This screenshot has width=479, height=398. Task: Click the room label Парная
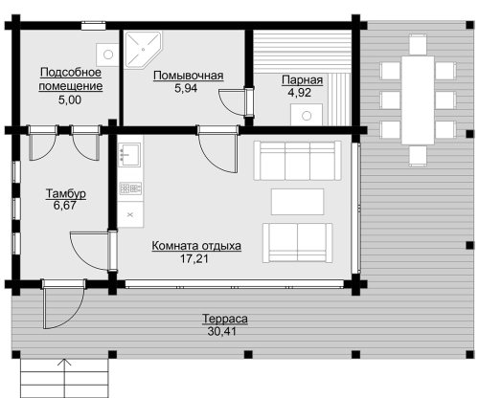302,80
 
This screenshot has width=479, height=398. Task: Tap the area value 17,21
194,258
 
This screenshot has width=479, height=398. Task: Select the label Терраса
225,319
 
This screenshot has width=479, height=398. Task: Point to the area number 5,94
186,88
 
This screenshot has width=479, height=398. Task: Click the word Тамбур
66,193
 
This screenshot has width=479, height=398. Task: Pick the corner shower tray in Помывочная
143,50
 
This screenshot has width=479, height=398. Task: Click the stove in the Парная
307,115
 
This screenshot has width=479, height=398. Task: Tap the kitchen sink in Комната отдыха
129,154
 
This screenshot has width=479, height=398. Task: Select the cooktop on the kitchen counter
130,188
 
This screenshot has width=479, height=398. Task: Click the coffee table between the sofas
297,202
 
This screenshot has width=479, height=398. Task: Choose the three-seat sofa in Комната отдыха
297,161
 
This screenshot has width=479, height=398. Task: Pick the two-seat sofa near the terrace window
297,243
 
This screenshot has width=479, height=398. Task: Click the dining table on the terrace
418,100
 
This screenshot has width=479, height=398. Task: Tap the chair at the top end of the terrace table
418,44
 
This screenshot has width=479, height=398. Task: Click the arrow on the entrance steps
65,378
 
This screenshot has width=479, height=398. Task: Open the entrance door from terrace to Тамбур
63,304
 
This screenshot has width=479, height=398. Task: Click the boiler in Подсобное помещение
107,55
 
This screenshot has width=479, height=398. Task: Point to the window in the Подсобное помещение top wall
93,26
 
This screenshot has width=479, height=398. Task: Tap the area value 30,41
222,331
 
